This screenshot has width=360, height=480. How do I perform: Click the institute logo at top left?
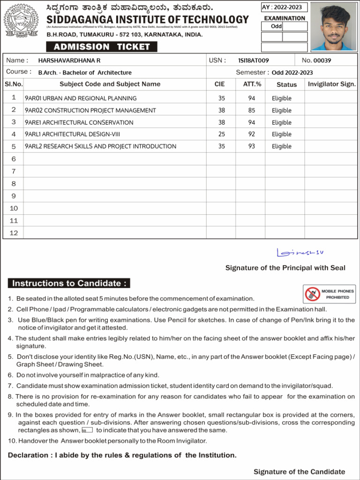[x=22, y=22]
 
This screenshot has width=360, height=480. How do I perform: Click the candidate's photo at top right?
[x=333, y=27]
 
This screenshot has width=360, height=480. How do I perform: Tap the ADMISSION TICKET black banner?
[x=101, y=47]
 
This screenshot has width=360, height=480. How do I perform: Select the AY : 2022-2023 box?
[x=285, y=7]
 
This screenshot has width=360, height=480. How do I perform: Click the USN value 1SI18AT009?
[x=253, y=60]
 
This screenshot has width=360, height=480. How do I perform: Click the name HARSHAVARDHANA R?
[x=69, y=60]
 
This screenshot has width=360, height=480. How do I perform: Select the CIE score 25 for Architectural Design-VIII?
[x=221, y=134]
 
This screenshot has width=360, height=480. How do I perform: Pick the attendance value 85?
[x=252, y=110]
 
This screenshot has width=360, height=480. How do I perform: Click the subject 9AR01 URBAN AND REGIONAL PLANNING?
[x=81, y=98]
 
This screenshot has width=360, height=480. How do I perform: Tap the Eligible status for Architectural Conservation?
[x=281, y=122]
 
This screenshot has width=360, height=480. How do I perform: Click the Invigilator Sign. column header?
[x=331, y=84]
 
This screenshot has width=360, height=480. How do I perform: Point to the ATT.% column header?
[x=252, y=84]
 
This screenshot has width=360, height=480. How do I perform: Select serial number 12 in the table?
[x=14, y=232]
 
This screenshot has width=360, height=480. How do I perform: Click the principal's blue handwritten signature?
[x=300, y=253]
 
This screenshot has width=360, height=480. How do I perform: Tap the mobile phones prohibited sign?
[x=329, y=294]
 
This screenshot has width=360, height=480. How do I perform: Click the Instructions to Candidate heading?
[x=69, y=283]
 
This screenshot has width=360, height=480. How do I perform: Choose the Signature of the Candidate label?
[x=299, y=472]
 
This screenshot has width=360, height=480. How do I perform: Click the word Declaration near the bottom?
[x=27, y=455]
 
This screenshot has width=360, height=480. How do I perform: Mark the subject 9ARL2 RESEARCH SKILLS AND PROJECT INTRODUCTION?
[x=100, y=146]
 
